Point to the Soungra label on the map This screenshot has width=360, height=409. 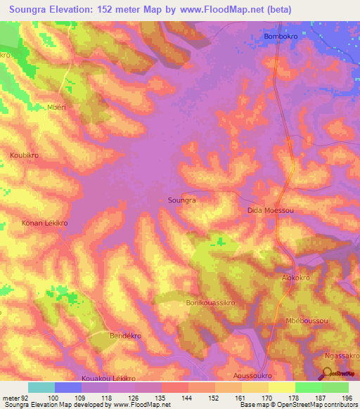pos(182,200)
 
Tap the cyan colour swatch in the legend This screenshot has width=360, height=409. pos(41,387)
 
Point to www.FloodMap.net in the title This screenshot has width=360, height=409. pos(221,8)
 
